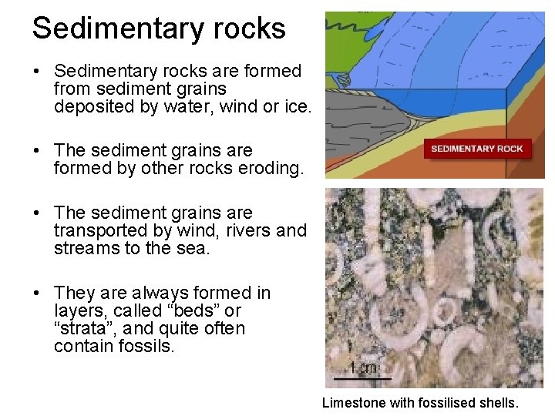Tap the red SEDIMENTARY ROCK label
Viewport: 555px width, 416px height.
click(477, 149)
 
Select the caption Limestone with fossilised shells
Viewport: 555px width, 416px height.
click(420, 402)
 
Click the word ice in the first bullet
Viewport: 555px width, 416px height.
click(297, 107)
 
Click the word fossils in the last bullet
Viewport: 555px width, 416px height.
click(150, 347)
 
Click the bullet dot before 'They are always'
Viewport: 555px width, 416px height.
click(37, 294)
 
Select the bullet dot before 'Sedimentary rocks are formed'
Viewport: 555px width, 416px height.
click(37, 72)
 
